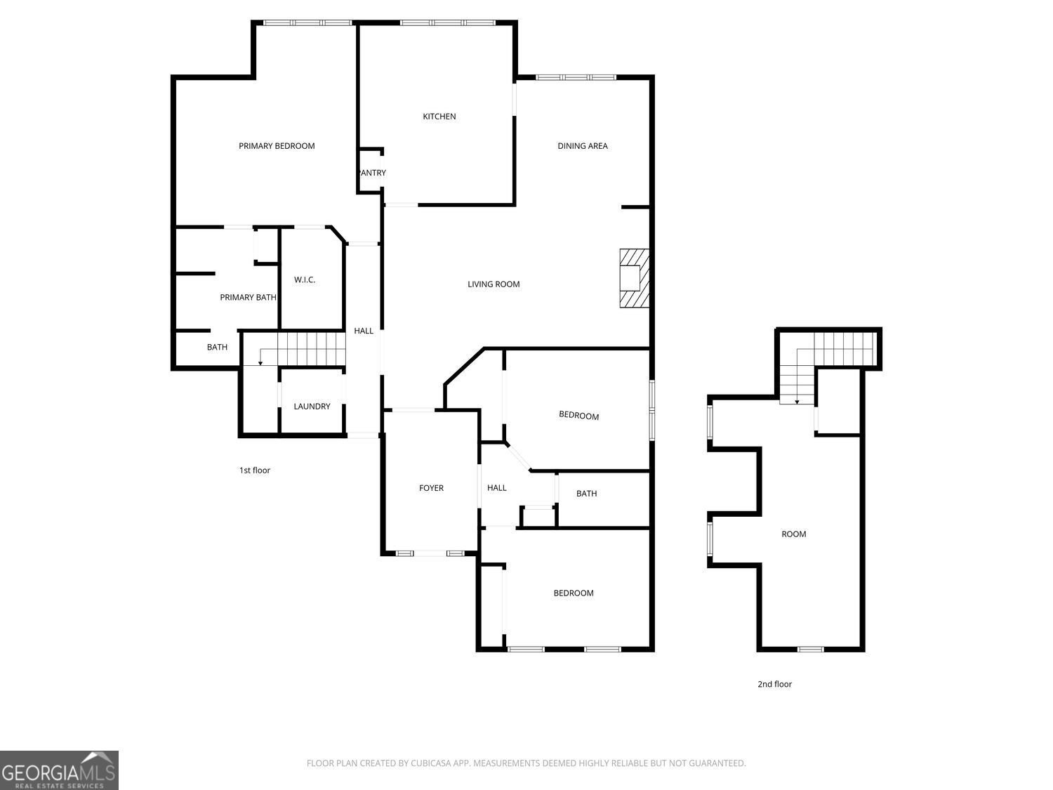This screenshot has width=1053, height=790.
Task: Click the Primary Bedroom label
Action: click(277, 146)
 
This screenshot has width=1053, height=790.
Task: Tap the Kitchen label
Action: click(439, 117)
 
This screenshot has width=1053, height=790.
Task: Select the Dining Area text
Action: click(583, 146)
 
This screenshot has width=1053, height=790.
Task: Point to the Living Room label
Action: click(494, 284)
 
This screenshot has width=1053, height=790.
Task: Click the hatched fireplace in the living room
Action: click(634, 278)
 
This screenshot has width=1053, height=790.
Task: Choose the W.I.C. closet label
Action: click(305, 279)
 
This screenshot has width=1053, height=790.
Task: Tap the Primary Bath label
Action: click(248, 297)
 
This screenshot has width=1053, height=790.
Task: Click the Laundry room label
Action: click(312, 407)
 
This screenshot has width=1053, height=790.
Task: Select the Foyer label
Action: click(431, 488)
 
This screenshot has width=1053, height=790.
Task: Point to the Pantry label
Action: click(372, 173)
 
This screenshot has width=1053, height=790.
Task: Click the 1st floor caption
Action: click(255, 470)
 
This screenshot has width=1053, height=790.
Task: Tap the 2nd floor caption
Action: click(774, 685)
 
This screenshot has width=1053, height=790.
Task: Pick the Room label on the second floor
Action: click(793, 534)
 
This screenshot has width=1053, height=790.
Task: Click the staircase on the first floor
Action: click(303, 349)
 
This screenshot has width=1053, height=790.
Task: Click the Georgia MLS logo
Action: click(59, 770)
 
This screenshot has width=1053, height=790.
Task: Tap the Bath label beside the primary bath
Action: click(217, 348)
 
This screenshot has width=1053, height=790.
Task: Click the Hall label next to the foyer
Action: click(496, 488)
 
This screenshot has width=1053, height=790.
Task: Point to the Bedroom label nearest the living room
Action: click(578, 416)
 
